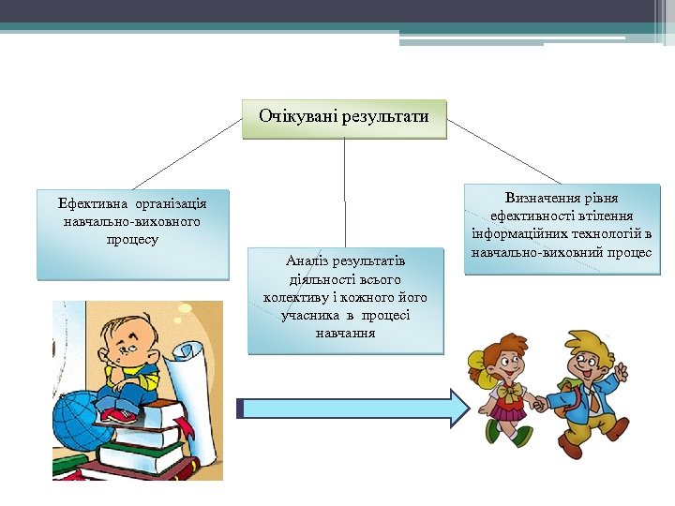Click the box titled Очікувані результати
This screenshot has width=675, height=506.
click(x=344, y=118)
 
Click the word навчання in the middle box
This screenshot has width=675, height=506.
click(x=345, y=333)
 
